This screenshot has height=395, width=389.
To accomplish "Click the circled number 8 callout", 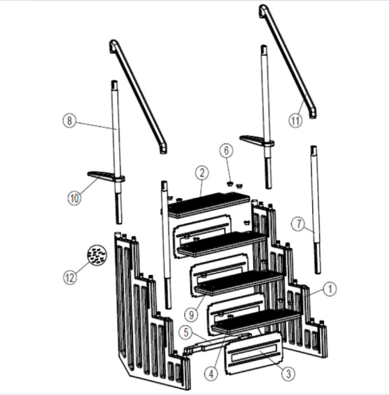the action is point(69,121).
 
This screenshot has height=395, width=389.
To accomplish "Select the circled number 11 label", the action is point(295,121).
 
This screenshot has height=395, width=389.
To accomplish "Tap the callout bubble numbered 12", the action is point(70,278).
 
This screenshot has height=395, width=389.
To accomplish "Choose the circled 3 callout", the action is point(289,374).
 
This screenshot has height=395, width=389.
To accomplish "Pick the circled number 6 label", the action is point(226,151).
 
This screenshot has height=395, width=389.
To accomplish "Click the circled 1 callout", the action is point(330,289).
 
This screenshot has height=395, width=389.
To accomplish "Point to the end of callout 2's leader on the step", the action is point(200,196).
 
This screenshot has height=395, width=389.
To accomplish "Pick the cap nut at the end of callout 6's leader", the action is point(230,183).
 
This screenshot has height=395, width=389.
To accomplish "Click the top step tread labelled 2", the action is point(209,204).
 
